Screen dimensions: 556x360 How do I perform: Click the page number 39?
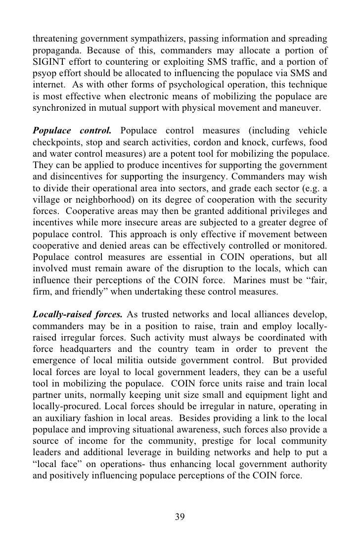pos(180,516)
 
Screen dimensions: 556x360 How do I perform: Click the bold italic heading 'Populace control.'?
pos(72,130)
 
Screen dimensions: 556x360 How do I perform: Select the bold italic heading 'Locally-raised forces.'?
pos(77,315)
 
